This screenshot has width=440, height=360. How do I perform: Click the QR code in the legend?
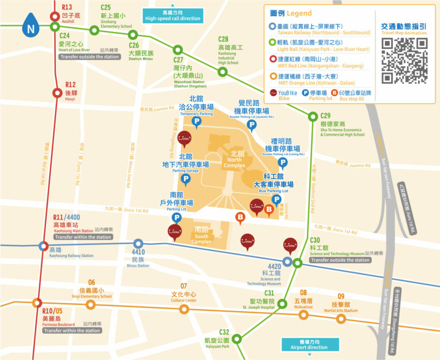click(404, 61)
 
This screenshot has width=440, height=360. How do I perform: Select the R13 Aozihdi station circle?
click(55, 17)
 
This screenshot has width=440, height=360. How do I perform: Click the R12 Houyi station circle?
click(57, 93)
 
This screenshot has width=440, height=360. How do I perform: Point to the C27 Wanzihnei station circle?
click(178, 50)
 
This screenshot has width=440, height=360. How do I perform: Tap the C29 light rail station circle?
click(312, 116)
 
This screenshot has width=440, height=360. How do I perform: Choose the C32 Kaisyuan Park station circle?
click(237, 339)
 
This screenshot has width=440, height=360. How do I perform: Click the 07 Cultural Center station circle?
click(184, 309)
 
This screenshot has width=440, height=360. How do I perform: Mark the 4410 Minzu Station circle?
click(138, 244)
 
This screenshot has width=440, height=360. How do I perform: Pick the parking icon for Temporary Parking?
click(197, 122)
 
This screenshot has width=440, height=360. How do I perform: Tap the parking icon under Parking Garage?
click(185, 179)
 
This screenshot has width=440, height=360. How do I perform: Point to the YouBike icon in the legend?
click(274, 93)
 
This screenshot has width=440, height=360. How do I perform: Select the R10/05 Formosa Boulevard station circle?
click(37, 303)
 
